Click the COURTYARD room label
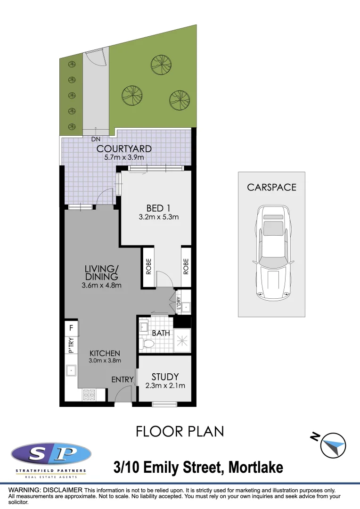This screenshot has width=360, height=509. point(124,149)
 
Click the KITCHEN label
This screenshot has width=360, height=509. point(106,353)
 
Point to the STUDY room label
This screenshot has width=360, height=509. point(165,377)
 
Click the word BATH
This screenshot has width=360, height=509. point(161,333)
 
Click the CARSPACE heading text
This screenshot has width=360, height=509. point(272,187)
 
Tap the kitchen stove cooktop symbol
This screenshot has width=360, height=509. point(89,394)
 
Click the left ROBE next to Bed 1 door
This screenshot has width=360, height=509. point(148,266)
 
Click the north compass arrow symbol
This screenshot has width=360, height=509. point(333,445)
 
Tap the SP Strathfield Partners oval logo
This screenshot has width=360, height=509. point(51,455)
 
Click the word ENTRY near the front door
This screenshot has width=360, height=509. point(123,379)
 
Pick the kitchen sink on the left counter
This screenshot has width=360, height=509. point(71,370)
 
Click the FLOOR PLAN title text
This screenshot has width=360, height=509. point(180,431)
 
